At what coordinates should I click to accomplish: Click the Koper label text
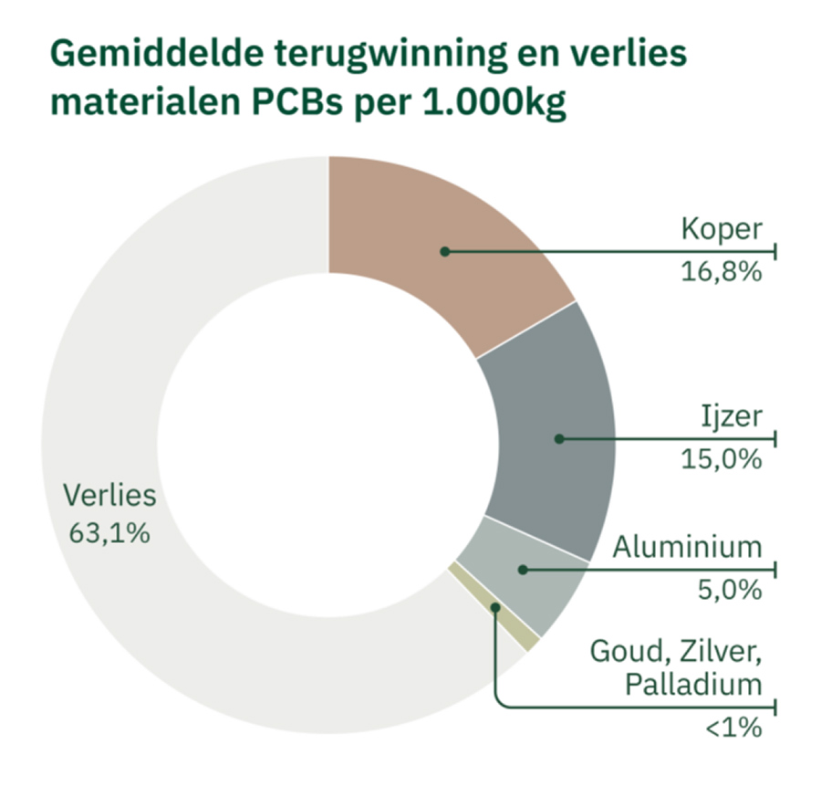click(x=720, y=228)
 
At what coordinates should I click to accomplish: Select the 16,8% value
click(x=721, y=271)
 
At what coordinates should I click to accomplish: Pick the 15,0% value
click(x=721, y=459)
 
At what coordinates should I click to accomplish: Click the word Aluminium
click(x=686, y=548)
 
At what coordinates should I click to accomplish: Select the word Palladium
click(x=692, y=685)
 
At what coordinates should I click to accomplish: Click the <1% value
click(x=733, y=729)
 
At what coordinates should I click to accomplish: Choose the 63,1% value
click(x=109, y=532)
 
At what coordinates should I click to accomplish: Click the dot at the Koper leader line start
click(x=444, y=250)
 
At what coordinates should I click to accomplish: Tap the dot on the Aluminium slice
click(x=522, y=570)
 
